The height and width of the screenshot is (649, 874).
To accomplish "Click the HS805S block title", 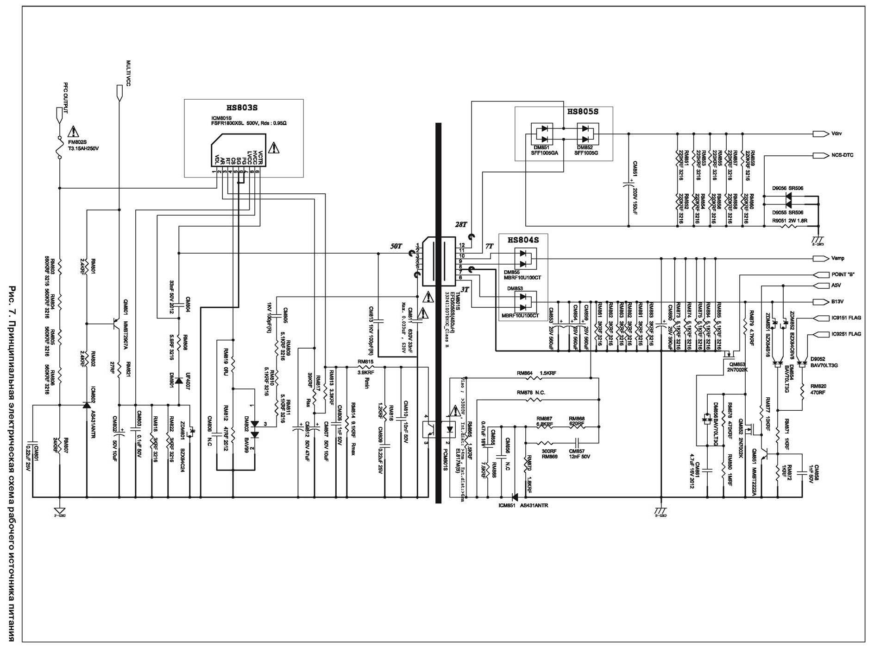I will click(582, 112).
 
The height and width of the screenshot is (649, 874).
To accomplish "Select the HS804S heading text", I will click(523, 240).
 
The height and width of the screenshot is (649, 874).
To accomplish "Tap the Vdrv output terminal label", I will click(836, 134).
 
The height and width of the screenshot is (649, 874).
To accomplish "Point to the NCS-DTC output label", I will click(842, 155).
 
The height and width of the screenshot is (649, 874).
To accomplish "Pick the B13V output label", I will click(837, 302).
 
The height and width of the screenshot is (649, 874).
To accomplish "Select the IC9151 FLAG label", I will click(846, 318).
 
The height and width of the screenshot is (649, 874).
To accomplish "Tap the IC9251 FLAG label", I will click(846, 334).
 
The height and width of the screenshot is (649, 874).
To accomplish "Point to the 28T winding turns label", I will click(461, 224).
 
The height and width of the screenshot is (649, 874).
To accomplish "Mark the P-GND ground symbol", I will click(60, 512).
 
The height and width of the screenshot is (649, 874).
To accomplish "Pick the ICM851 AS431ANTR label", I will click(523, 505).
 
